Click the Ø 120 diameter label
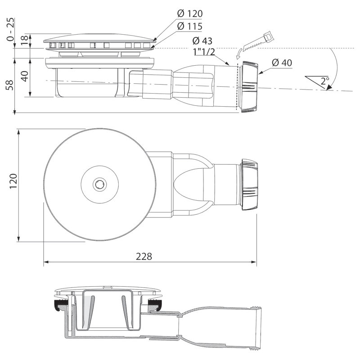click(x=190, y=14)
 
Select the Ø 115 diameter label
click(x=190, y=27)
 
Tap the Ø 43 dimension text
click(x=202, y=41)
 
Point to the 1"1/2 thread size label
click(x=204, y=52)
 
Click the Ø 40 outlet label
click(x=282, y=63)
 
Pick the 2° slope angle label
click(x=324, y=81)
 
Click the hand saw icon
click(x=258, y=40)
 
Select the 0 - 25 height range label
click(x=10, y=29)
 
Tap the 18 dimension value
click(x=25, y=40)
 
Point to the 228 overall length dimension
click(x=144, y=256)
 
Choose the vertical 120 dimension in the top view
click(x=13, y=181)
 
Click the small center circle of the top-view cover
click(x=99, y=184)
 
